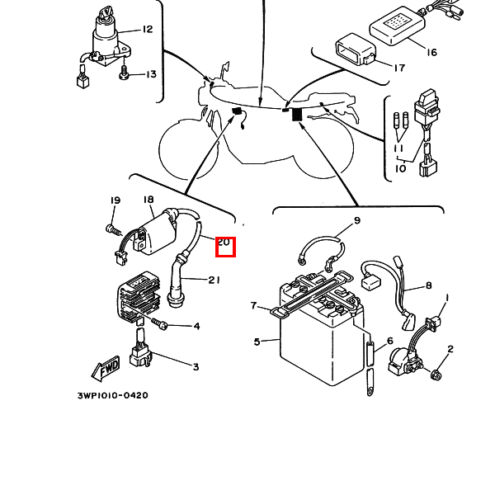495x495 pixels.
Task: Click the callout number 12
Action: click(148, 30)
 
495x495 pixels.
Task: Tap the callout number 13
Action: click(151, 75)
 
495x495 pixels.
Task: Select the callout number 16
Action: click(431, 53)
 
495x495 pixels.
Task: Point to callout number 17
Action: click(398, 68)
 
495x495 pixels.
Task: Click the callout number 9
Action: click(357, 220)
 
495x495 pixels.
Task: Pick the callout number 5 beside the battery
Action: click(257, 342)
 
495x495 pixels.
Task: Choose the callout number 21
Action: click(214, 280)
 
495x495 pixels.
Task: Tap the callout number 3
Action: click(196, 366)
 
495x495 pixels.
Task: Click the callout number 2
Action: click(450, 350)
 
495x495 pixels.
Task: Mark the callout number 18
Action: click(148, 200)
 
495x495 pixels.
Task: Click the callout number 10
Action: click(400, 168)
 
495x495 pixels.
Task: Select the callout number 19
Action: click(115, 200)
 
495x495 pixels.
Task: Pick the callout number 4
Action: click(196, 327)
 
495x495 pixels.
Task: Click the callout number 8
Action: click(428, 286)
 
